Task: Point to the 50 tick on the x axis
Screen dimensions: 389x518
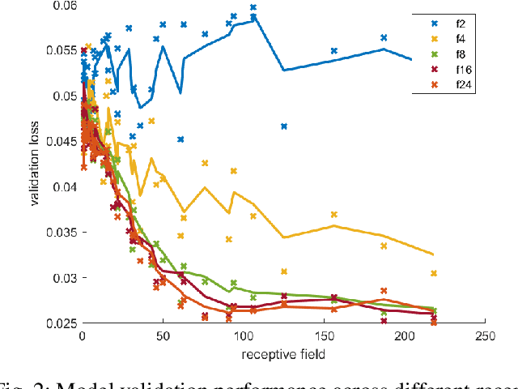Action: click(163, 336)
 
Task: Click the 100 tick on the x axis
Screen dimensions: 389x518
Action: click(243, 336)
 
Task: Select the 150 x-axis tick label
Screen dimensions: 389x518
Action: click(324, 336)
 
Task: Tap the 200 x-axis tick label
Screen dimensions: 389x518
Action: click(404, 336)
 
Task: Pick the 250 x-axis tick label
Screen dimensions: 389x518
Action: click(484, 336)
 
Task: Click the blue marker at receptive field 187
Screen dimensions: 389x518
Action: click(384, 37)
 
